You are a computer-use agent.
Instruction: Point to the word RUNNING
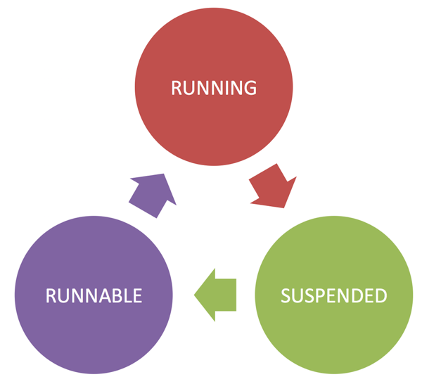tap(214, 88)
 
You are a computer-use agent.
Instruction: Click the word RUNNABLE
tap(94, 295)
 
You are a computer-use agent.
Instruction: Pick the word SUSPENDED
tap(333, 295)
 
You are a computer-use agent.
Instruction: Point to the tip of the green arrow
tap(195, 293)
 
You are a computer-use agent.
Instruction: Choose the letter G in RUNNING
tap(250, 88)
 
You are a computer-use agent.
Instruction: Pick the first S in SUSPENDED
tap(286, 295)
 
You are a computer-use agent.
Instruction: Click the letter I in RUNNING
tap(228, 88)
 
